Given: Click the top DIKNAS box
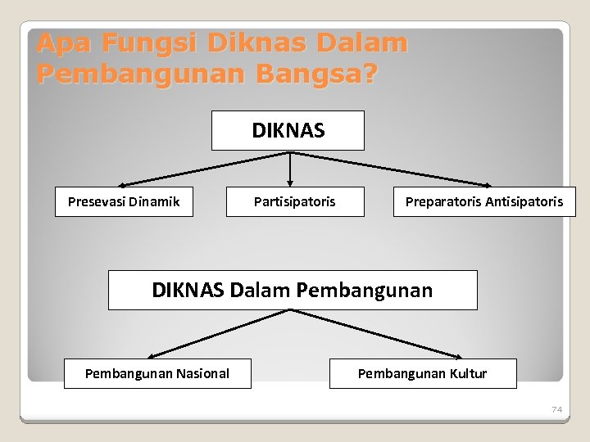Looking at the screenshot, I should pyautogui.click(x=288, y=131).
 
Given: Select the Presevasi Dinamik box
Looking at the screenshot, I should pyautogui.click(x=124, y=201).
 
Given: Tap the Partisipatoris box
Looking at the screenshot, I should pyautogui.click(x=294, y=201).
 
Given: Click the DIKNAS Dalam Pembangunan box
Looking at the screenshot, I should pyautogui.click(x=293, y=290).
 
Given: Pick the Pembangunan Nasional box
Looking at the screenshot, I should pyautogui.click(x=157, y=374).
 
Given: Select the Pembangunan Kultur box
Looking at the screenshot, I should pyautogui.click(x=422, y=374).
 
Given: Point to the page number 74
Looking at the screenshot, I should pyautogui.click(x=557, y=409).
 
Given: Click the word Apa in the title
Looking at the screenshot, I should pyautogui.click(x=63, y=43).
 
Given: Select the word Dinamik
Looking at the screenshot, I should pyautogui.click(x=153, y=201).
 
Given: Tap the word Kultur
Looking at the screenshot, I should pyautogui.click(x=467, y=374).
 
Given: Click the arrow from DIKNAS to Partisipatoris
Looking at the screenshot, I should pyautogui.click(x=290, y=169).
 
